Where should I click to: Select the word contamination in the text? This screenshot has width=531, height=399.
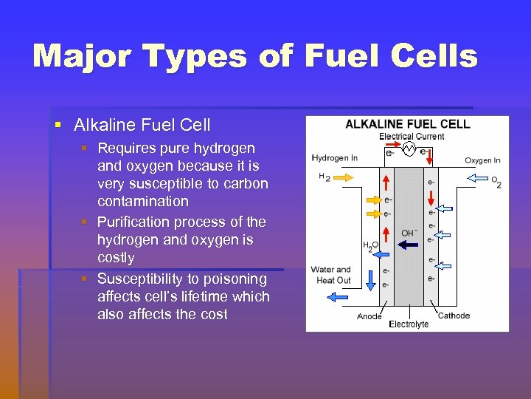click(x=142, y=202)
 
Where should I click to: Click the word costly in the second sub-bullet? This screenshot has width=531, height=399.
click(x=116, y=258)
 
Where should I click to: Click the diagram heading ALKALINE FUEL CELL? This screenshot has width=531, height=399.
click(x=407, y=124)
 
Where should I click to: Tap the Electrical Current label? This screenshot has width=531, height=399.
click(x=412, y=137)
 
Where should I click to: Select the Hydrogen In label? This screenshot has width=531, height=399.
click(x=335, y=158)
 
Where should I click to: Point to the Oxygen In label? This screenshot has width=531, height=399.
click(x=482, y=160)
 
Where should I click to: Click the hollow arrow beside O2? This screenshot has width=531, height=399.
click(x=480, y=178)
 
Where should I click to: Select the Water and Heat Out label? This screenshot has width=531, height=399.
click(x=331, y=275)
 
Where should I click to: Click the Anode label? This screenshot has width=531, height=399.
click(x=369, y=317)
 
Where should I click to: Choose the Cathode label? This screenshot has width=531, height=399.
click(x=454, y=316)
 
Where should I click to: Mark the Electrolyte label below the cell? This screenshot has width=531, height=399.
click(x=409, y=324)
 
